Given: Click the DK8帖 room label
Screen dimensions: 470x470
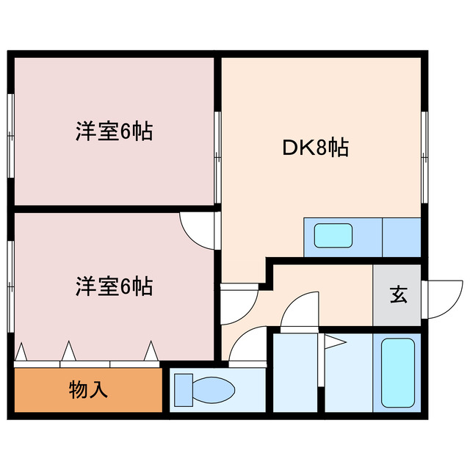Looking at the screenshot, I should coord(315,148).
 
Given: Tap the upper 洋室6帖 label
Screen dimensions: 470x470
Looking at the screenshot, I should coord(114,132).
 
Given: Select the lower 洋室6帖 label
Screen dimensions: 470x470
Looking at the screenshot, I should coord(114,286).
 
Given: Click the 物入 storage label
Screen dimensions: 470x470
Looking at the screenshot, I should coord(88,389).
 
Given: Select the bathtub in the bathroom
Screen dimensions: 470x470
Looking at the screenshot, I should coord(397,373).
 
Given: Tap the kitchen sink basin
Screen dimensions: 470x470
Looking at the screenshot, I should coord(333,236).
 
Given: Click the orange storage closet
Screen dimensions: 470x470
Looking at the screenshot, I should coord(88,390).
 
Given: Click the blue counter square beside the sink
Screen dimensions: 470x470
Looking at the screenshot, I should coord(401,236).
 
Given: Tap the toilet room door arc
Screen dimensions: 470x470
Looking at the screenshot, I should coord(245,345).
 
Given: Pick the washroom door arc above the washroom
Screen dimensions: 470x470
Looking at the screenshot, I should coord(300,308).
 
